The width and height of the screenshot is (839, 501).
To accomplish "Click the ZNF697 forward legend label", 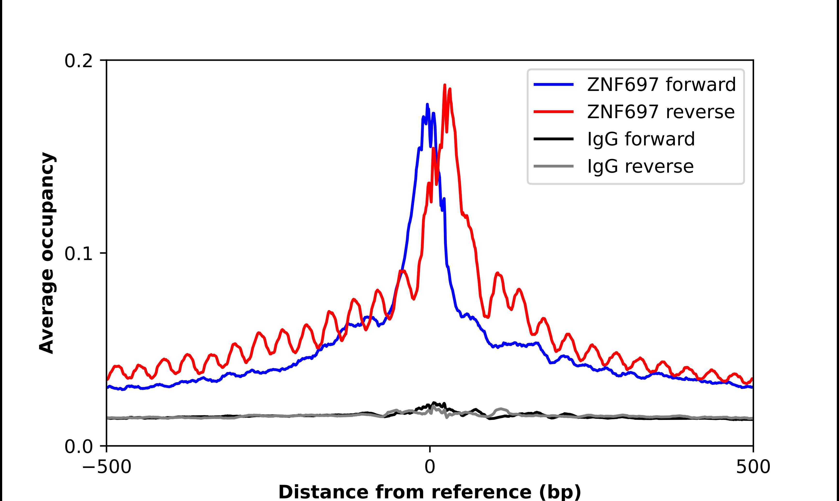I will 661,84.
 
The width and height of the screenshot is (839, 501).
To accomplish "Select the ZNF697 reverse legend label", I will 660,112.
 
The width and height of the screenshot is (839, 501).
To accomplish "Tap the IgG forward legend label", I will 641,139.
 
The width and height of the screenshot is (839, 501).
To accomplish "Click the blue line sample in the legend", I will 554,84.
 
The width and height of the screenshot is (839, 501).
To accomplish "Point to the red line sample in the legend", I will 554,111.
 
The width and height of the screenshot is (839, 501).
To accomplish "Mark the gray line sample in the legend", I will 554,166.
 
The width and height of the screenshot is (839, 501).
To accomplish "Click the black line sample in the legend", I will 554,139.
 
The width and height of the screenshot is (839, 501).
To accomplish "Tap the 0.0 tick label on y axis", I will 78,447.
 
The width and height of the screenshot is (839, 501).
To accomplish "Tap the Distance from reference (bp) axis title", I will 429,492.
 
